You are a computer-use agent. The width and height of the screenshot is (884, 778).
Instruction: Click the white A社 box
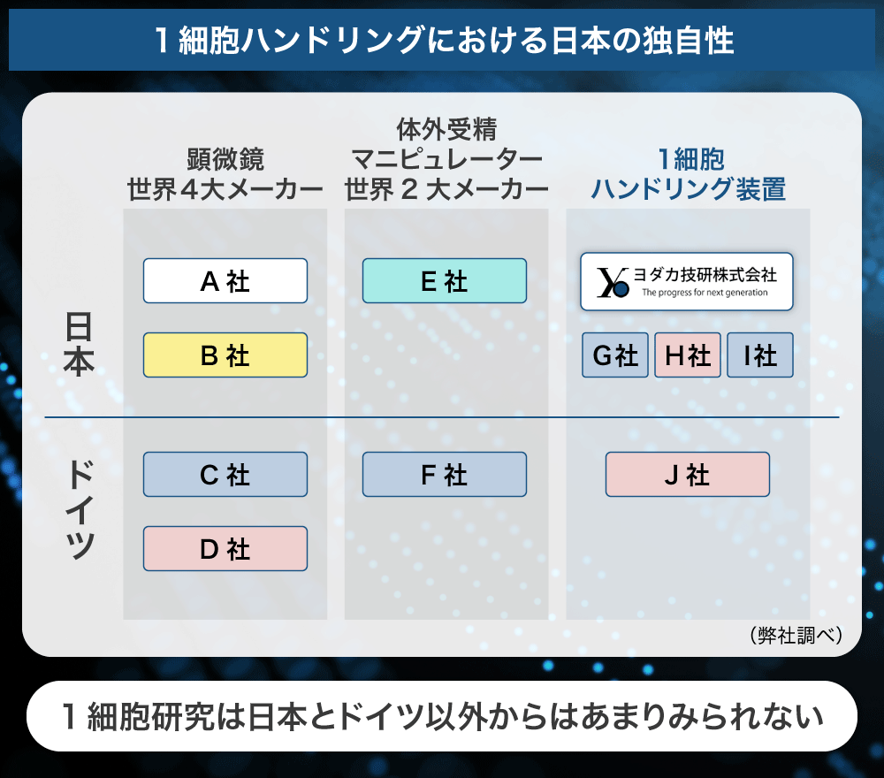tap(225, 281)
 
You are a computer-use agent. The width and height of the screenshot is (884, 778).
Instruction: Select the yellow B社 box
tap(225, 355)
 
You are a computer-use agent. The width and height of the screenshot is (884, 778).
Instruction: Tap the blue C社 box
tap(225, 474)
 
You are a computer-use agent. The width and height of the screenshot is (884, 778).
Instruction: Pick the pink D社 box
tap(225, 548)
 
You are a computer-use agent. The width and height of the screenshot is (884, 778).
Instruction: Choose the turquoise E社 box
tap(445, 281)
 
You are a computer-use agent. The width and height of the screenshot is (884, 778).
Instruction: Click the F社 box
tap(445, 474)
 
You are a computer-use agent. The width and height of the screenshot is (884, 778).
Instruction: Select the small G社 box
tap(615, 355)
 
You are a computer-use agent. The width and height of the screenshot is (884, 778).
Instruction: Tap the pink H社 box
tap(687, 355)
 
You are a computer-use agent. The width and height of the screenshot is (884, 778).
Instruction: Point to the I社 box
tap(760, 355)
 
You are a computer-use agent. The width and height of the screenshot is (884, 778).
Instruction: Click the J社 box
tap(687, 474)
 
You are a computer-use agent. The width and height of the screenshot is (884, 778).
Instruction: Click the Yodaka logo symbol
tap(613, 282)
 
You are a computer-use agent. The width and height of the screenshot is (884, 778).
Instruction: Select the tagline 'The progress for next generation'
tap(705, 293)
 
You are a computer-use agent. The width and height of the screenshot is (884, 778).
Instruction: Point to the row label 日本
tap(79, 344)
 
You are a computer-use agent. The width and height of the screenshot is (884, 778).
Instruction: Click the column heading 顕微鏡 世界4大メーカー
tap(225, 174)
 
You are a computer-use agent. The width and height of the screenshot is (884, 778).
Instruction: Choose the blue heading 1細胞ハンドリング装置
tap(688, 174)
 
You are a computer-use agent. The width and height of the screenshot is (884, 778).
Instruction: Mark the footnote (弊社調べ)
tap(796, 636)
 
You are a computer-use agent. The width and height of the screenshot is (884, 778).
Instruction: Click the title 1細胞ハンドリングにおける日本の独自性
tap(445, 41)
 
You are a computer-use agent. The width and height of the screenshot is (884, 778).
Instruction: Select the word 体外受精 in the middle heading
tap(446, 130)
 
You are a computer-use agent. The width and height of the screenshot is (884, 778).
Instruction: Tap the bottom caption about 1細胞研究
tap(442, 716)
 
